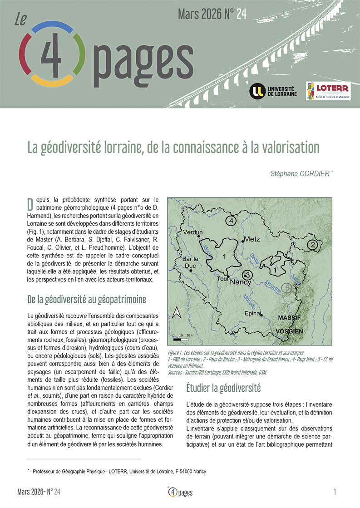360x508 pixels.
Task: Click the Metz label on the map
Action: pyautogui.click(x=252, y=239)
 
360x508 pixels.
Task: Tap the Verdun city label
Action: pyautogui.click(x=193, y=233)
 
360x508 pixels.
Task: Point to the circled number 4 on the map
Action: pyautogui.click(x=231, y=221)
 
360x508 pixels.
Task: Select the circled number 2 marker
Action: pyautogui.click(x=312, y=245)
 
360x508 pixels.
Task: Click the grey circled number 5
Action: pyautogui.click(x=286, y=287)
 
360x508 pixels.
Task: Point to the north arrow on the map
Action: pyautogui.click(x=178, y=313)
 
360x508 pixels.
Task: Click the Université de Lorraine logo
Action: pyautogui.click(x=273, y=90)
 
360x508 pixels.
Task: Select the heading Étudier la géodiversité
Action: pyautogui.click(x=223, y=388)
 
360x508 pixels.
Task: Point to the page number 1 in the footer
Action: pyautogui.click(x=335, y=492)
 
